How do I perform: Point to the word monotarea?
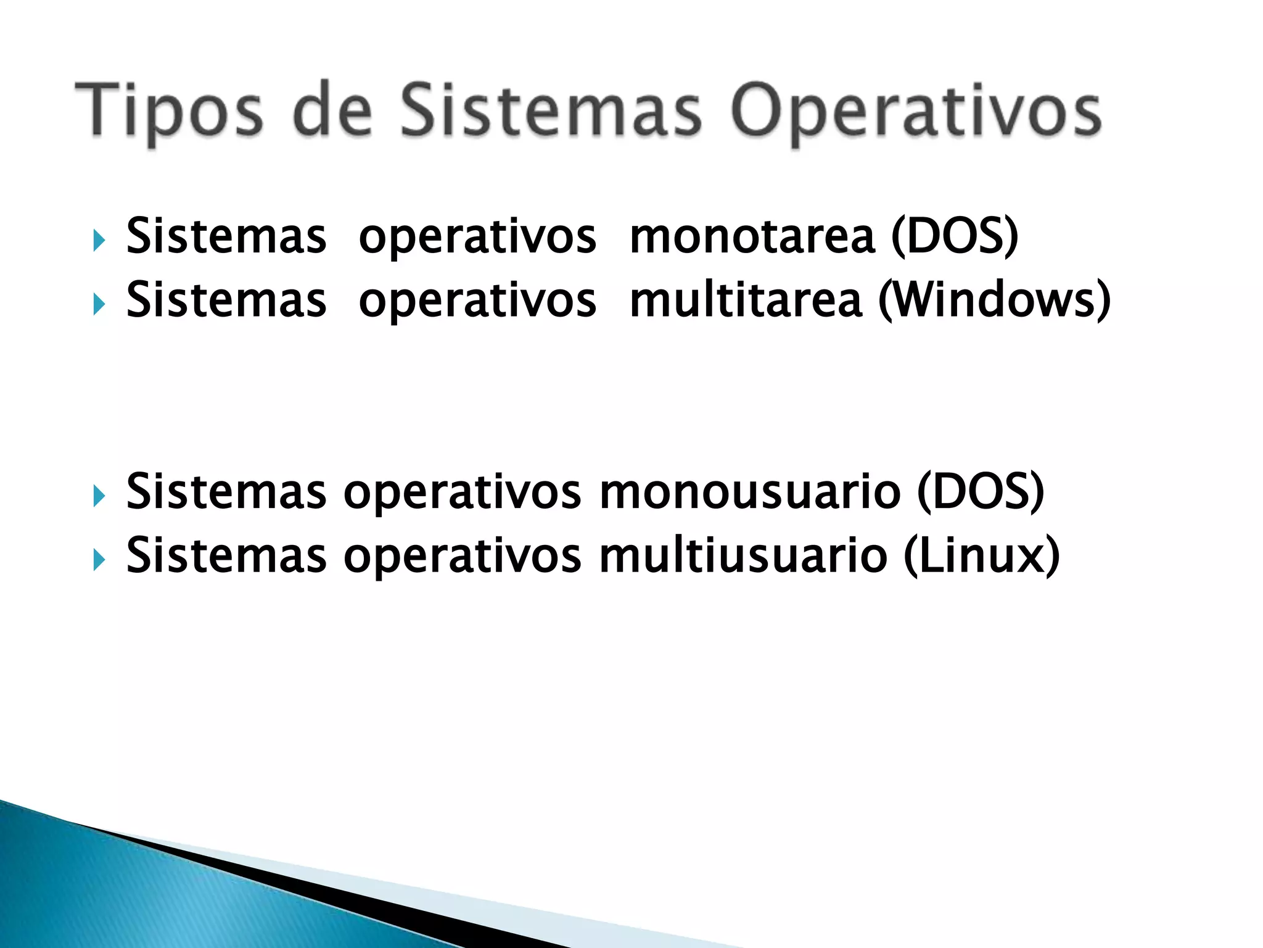(752, 237)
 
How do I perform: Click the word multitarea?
(746, 301)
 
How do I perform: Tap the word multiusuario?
(744, 556)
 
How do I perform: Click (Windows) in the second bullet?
(994, 301)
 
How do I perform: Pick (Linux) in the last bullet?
(981, 556)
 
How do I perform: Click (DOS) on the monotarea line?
(955, 237)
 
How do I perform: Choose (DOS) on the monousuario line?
(981, 493)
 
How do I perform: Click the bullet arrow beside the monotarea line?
(99, 241)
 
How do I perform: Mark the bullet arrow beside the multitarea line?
(99, 304)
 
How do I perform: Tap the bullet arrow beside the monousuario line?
(99, 496)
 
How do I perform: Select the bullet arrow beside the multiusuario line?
(99, 560)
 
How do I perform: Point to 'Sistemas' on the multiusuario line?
(226, 556)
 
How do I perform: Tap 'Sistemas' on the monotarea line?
(226, 237)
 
